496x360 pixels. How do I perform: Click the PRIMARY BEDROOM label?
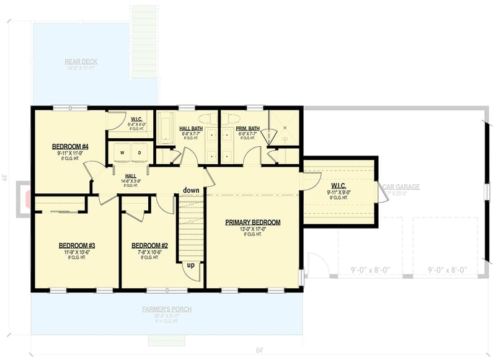(x=252, y=222)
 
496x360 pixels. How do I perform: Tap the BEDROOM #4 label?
(x=70, y=146)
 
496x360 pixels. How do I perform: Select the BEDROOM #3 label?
(x=76, y=245)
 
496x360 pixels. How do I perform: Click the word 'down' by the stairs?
(x=191, y=190)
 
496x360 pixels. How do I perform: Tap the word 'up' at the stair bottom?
(x=191, y=265)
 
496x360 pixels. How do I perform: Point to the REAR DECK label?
(x=81, y=61)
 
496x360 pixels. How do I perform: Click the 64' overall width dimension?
(x=260, y=351)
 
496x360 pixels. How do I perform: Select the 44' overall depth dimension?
(x=5, y=178)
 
